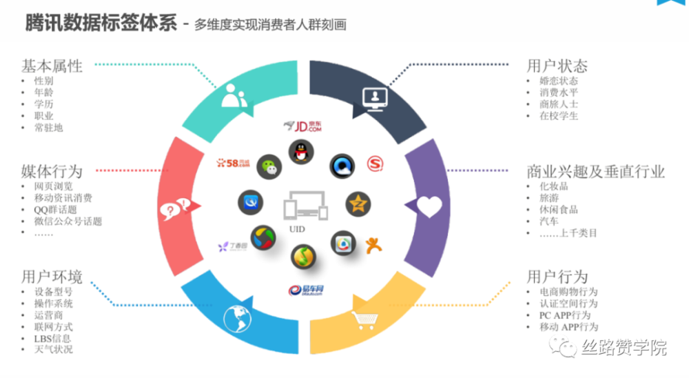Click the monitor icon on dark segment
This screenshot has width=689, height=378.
[x=375, y=99]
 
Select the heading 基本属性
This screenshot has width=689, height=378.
[x=52, y=66]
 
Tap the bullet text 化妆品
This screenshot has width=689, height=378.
[x=554, y=186]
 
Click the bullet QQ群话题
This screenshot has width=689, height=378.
[x=55, y=210]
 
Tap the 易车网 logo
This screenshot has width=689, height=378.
[x=307, y=289]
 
